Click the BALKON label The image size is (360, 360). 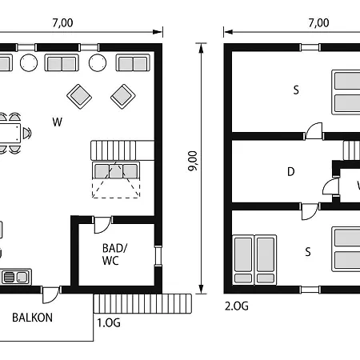point(32,318)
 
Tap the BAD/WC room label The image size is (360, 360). point(114,254)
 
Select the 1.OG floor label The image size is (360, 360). point(109,323)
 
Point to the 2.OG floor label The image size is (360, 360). point(237,306)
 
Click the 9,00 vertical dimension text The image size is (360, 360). point(193,161)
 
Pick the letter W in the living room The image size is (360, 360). point(58,122)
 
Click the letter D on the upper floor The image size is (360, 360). point(291,171)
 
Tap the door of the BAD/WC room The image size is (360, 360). point(102,225)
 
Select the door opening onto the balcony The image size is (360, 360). point(51,294)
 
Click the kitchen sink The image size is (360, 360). point(15,277)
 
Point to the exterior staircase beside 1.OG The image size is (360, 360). point(142,303)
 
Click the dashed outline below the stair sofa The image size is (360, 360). point(116,188)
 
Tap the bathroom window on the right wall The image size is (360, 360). point(158,255)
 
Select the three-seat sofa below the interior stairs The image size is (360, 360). point(116,170)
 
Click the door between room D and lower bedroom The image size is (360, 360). point(310,211)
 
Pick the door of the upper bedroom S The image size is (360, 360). point(314,131)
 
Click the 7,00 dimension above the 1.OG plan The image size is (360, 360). point(62,23)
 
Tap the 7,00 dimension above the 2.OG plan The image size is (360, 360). point(319,23)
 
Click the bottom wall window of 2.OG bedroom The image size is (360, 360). point(310,290)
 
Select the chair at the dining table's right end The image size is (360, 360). point(27,133)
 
